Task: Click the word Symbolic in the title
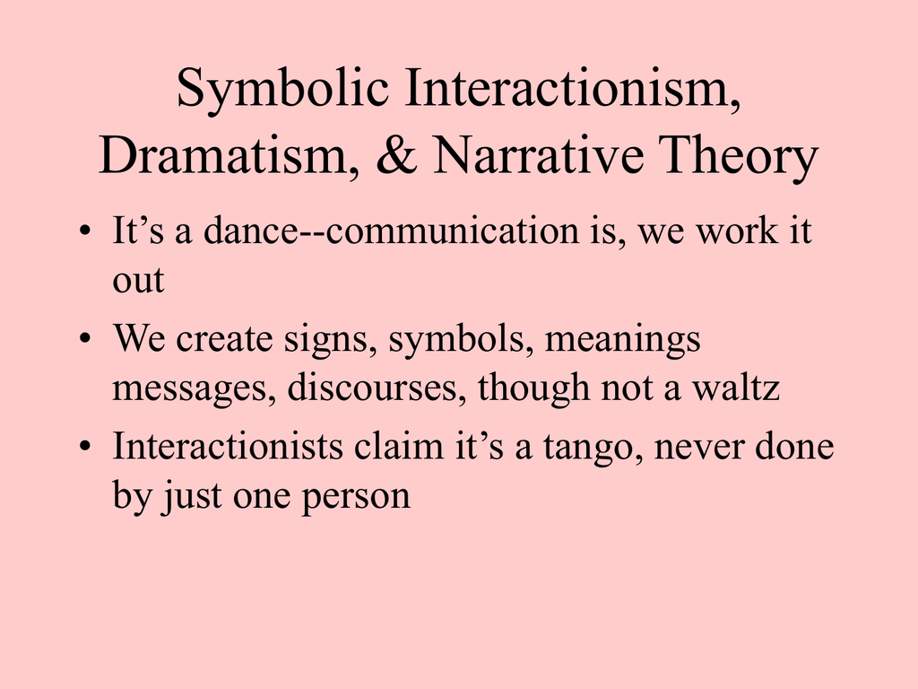[282, 89]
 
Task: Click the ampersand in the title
[396, 154]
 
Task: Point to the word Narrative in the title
[539, 154]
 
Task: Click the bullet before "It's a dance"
[85, 231]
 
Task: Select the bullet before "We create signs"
[85, 338]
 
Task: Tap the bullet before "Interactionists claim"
[85, 447]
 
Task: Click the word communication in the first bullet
[453, 231]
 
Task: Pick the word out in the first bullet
[138, 280]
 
